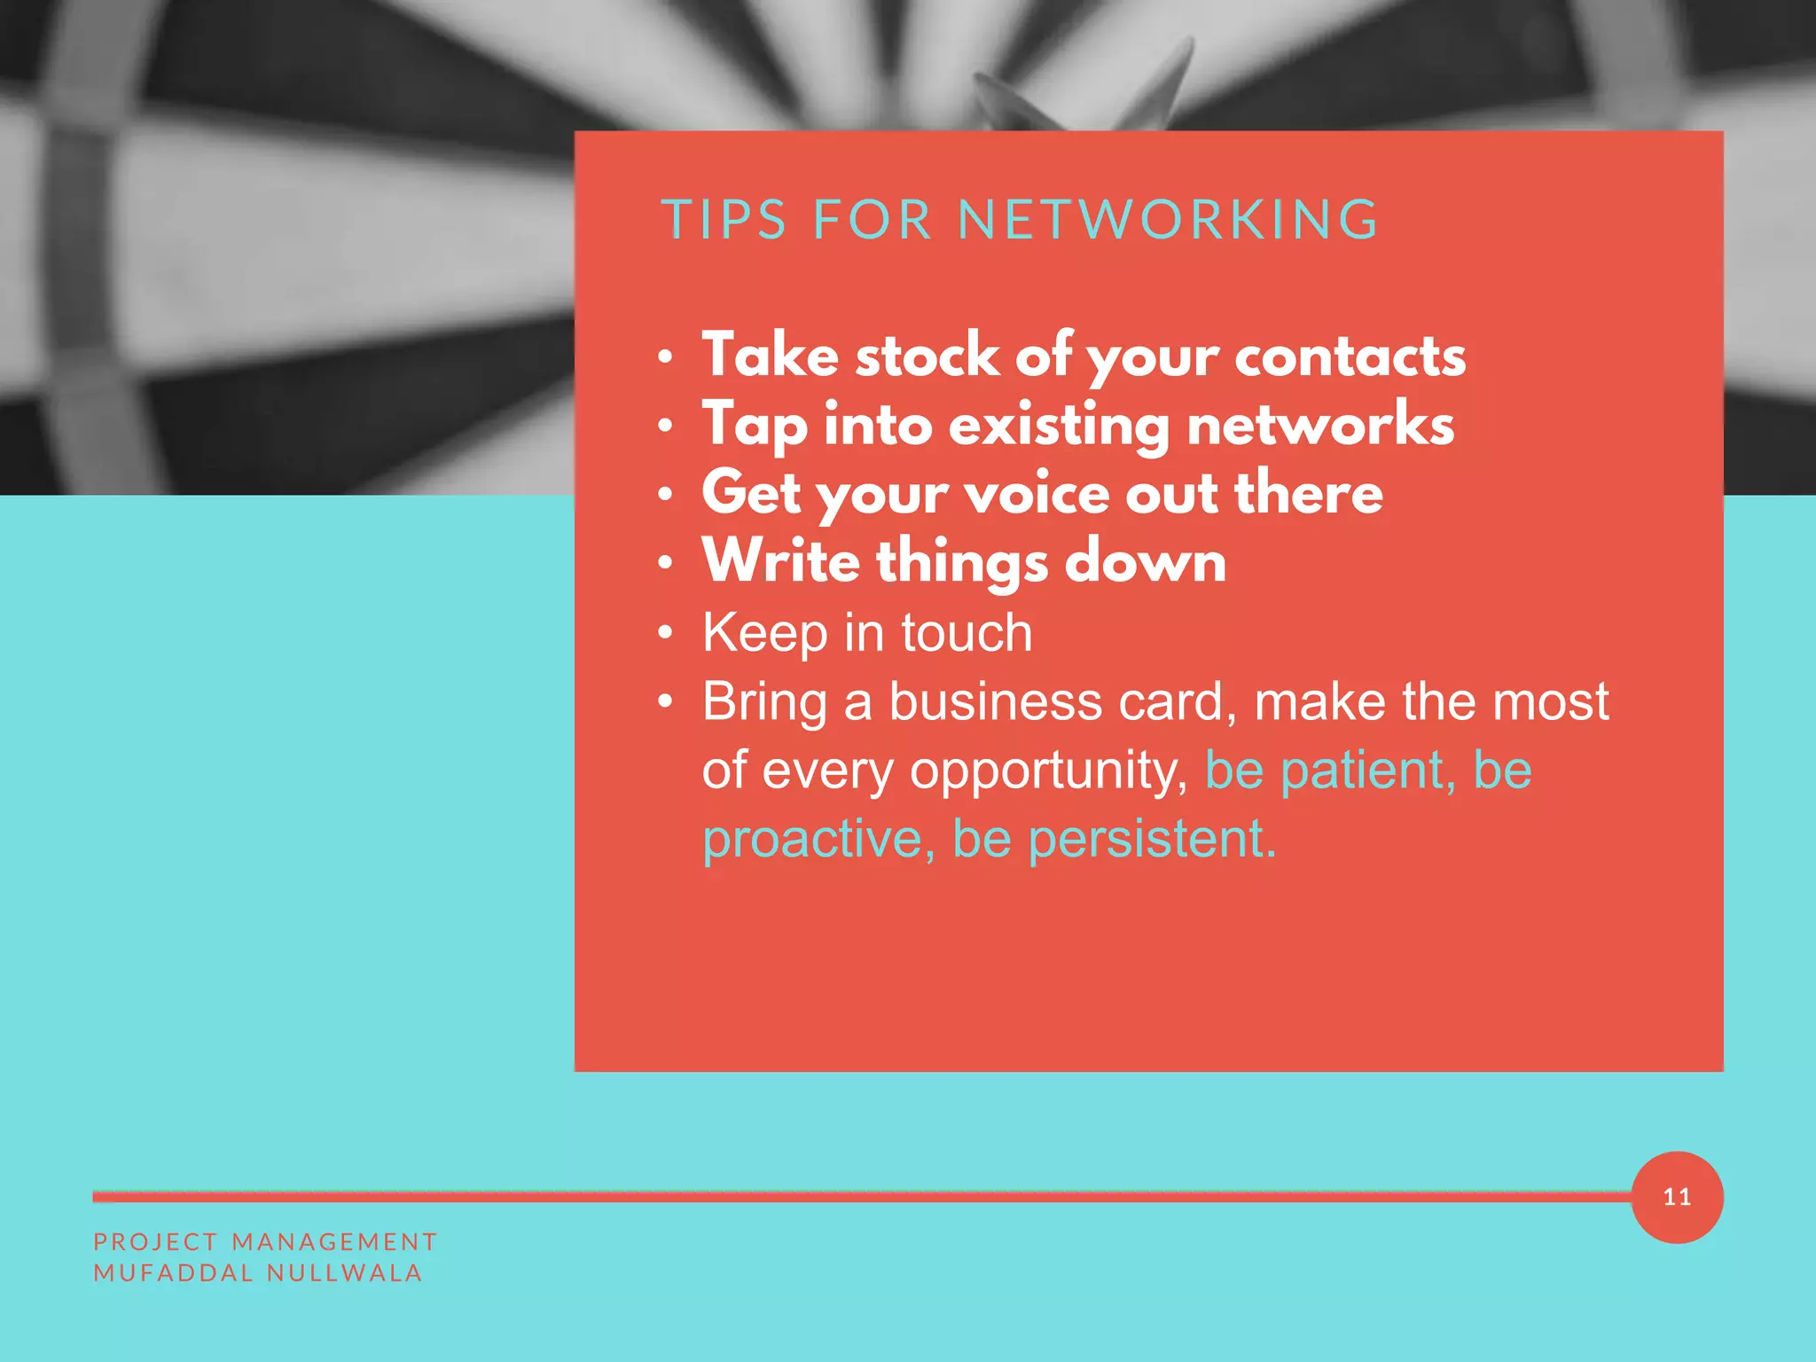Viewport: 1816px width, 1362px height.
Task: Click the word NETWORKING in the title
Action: click(1168, 220)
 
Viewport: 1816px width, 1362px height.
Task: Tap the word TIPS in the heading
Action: click(724, 220)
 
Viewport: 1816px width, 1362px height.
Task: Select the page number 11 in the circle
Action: click(1677, 1197)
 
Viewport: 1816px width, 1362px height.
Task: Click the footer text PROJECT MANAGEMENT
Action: click(265, 1241)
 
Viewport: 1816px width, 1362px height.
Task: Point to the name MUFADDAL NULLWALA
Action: click(257, 1272)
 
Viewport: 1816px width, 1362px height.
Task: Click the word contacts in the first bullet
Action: click(1350, 356)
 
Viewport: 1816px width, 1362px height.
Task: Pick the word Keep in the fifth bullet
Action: click(764, 633)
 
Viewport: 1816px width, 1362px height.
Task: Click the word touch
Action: click(967, 633)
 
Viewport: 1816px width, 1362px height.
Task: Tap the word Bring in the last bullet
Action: click(764, 702)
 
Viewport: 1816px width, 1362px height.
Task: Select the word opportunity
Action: click(1048, 771)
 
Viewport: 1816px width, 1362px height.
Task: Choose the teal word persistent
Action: click(1151, 839)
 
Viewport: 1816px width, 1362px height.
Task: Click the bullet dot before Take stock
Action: click(666, 357)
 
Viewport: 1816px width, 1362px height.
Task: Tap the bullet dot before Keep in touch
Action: click(666, 633)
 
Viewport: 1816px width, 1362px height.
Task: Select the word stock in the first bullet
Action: click(927, 356)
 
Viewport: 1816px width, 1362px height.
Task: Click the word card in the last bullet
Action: click(1176, 702)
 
